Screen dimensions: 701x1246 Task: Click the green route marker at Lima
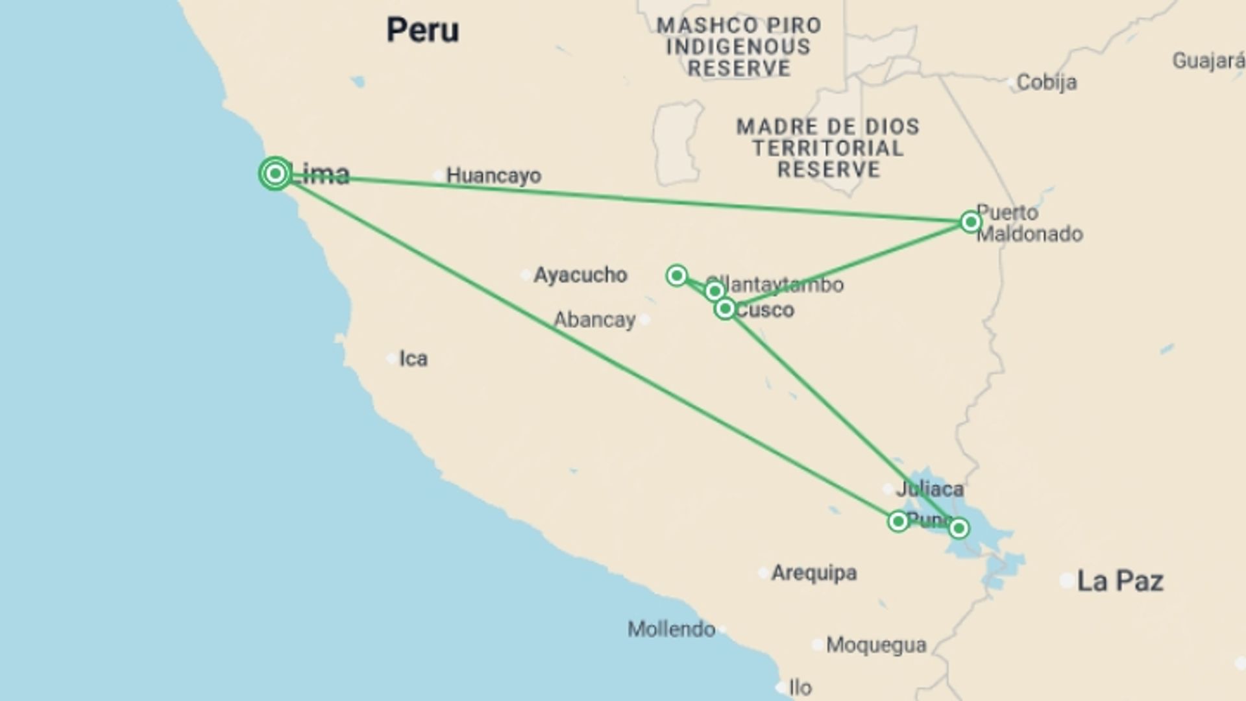(275, 174)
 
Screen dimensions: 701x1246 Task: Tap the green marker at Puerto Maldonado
(970, 222)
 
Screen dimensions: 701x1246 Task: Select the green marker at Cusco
(725, 309)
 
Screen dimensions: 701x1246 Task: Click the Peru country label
(422, 31)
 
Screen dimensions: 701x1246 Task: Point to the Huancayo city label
(493, 176)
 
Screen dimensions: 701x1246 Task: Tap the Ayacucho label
(580, 275)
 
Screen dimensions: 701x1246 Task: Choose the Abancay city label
(594, 320)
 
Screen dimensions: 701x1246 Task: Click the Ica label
(413, 359)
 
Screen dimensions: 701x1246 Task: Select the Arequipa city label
(814, 573)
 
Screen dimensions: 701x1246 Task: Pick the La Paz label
(1119, 581)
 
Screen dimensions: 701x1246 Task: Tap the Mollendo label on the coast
(671, 629)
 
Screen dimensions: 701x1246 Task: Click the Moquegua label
(875, 645)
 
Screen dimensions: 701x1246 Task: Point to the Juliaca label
(929, 489)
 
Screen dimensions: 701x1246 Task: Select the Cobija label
(1046, 82)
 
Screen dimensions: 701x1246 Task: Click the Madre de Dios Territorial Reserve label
(828, 148)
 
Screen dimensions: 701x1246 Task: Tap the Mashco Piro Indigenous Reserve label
(739, 47)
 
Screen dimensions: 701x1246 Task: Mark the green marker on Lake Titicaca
(959, 528)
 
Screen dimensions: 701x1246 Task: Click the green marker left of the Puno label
(898, 521)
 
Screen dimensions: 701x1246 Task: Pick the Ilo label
(800, 687)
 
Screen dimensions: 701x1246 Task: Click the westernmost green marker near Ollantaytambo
(677, 276)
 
